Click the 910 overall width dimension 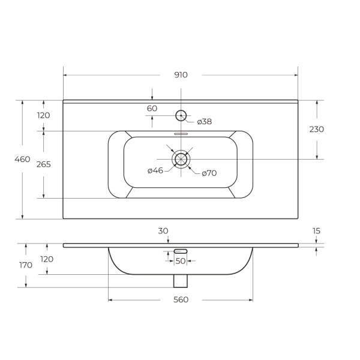tap(181, 75)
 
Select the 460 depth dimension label tap(22, 159)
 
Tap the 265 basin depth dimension tap(44, 164)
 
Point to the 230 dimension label tap(317, 130)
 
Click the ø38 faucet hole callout tap(205, 122)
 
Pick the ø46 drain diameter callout tap(155, 170)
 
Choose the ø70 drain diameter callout tap(209, 173)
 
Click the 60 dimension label tap(152, 109)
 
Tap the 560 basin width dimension tap(181, 299)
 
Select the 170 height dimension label tap(26, 265)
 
